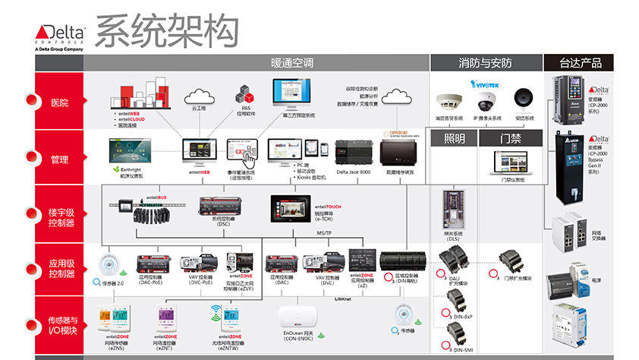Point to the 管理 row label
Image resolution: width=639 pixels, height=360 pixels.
pos(58,159)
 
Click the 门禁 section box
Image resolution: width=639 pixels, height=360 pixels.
pos(510,137)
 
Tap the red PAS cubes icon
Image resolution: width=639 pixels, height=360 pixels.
pos(246,94)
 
